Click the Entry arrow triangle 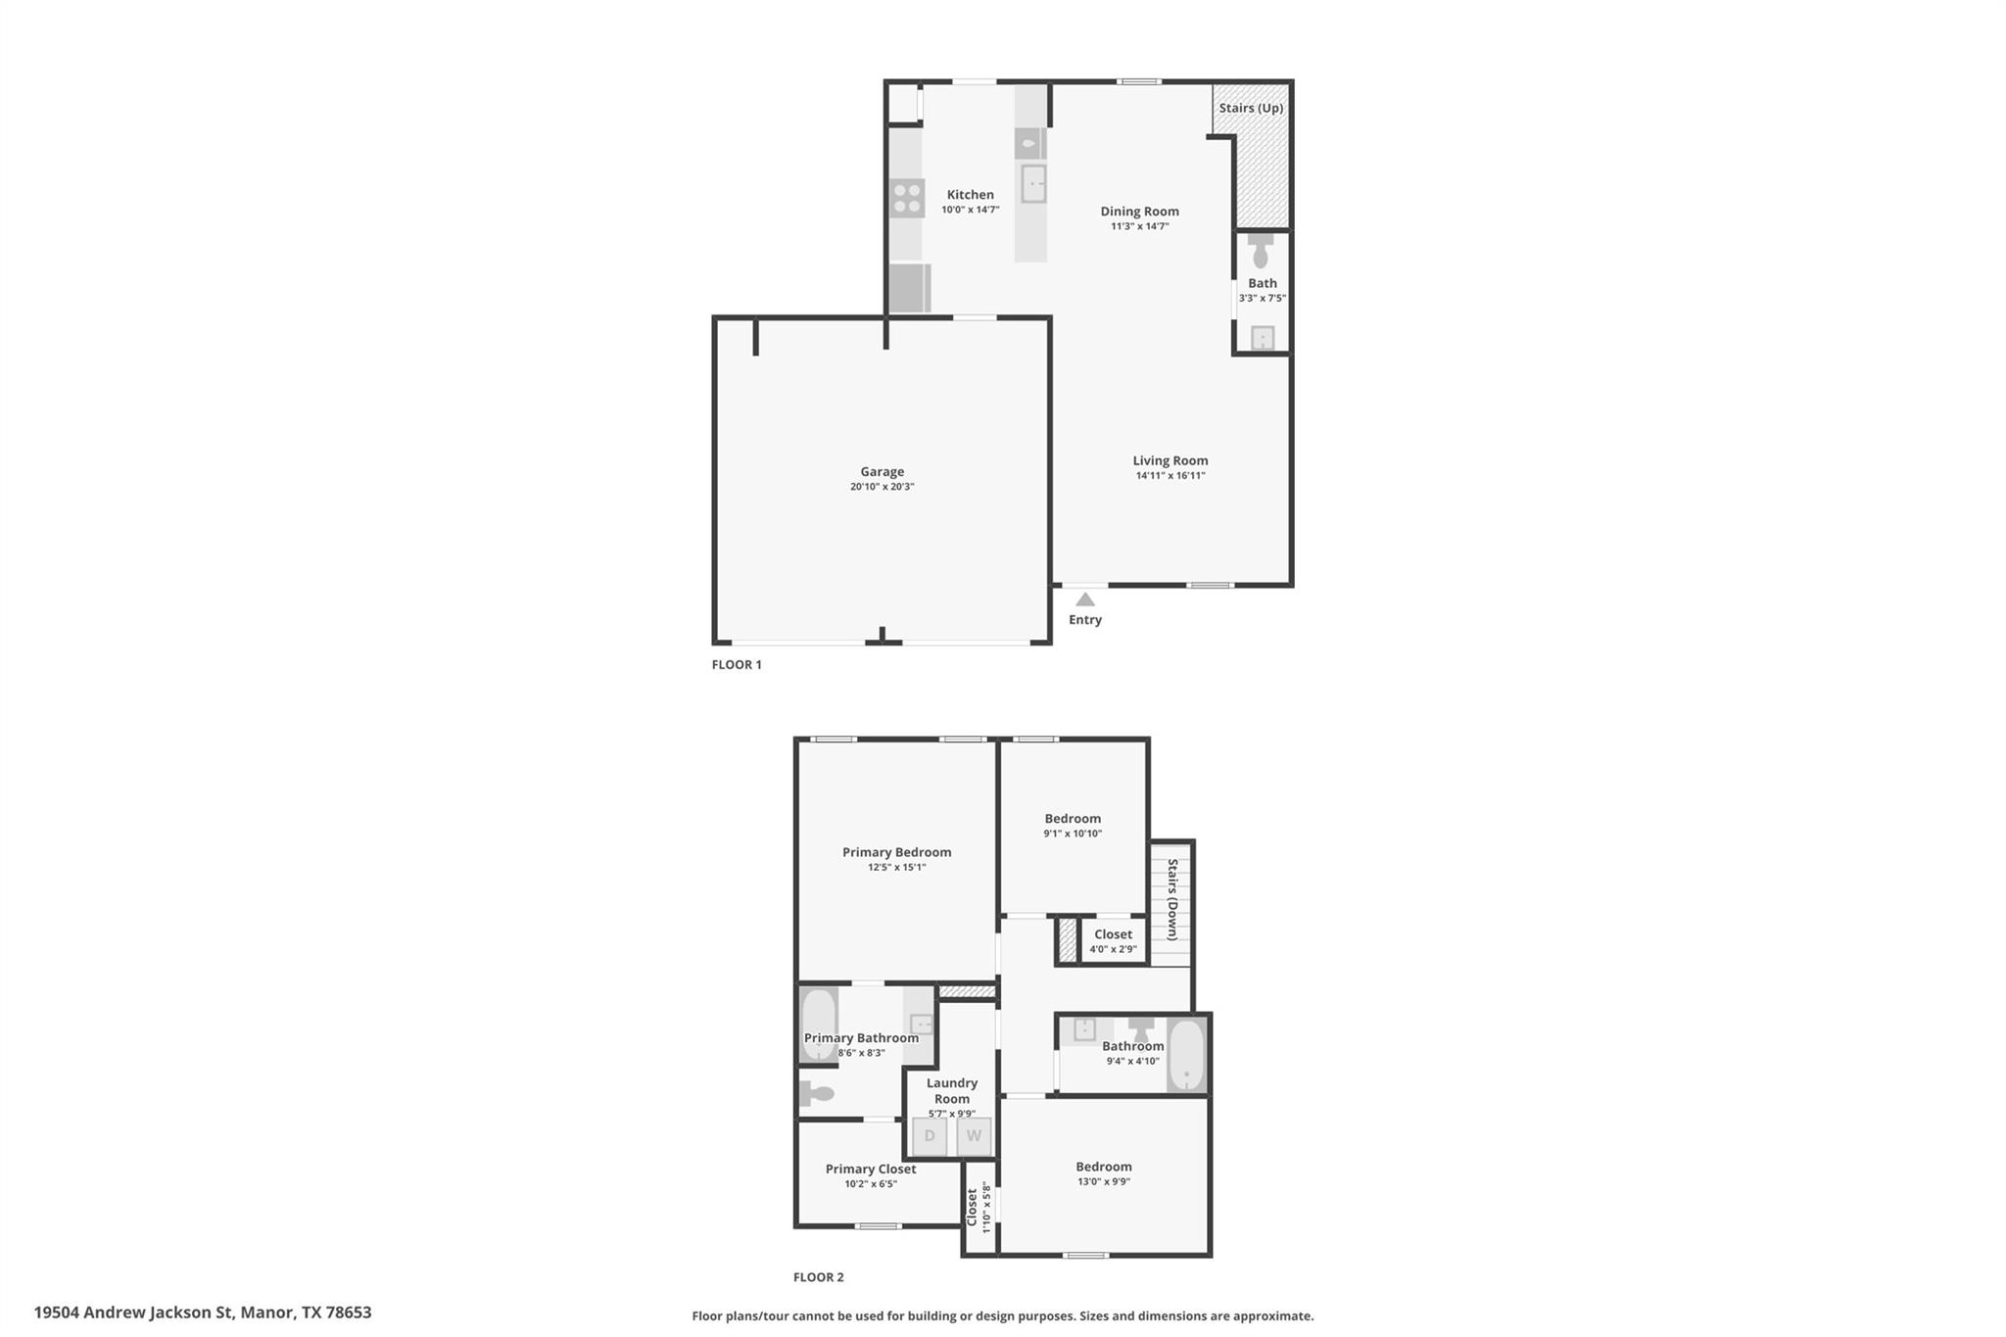click(x=1084, y=599)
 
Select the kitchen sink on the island click(x=1033, y=183)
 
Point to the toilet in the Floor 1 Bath click(x=1261, y=252)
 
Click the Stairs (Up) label click(x=1251, y=108)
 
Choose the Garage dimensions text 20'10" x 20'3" click(x=882, y=487)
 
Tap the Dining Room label click(x=1139, y=211)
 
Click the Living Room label click(x=1170, y=460)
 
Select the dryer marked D click(x=930, y=1136)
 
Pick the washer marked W click(x=974, y=1136)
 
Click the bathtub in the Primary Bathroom click(x=819, y=1025)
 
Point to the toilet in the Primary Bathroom click(x=816, y=1093)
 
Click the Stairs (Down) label click(x=1171, y=899)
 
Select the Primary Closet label click(x=871, y=1169)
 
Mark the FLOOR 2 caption click(x=818, y=1277)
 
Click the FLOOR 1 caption click(x=737, y=664)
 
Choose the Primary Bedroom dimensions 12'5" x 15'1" click(x=896, y=867)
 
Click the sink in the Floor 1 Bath click(x=1263, y=338)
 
